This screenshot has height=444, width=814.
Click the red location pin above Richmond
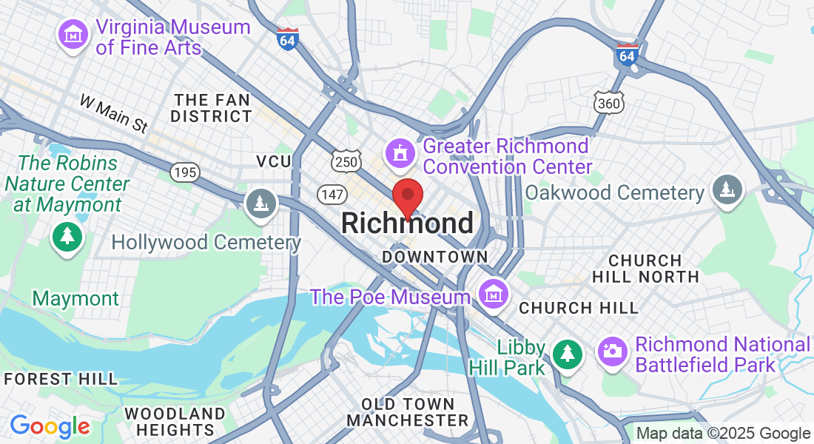click(407, 197)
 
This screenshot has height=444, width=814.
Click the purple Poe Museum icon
click(491, 294)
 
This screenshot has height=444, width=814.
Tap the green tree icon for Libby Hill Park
click(568, 354)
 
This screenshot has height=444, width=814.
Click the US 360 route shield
click(609, 103)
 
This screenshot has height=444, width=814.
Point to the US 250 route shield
click(346, 161)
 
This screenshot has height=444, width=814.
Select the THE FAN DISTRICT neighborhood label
click(212, 108)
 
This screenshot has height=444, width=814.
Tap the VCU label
click(274, 161)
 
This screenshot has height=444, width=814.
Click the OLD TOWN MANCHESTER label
click(408, 412)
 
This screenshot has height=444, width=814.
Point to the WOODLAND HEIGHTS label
click(174, 421)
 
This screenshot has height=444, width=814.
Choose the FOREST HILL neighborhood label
click(60, 379)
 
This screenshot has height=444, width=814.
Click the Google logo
click(50, 426)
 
